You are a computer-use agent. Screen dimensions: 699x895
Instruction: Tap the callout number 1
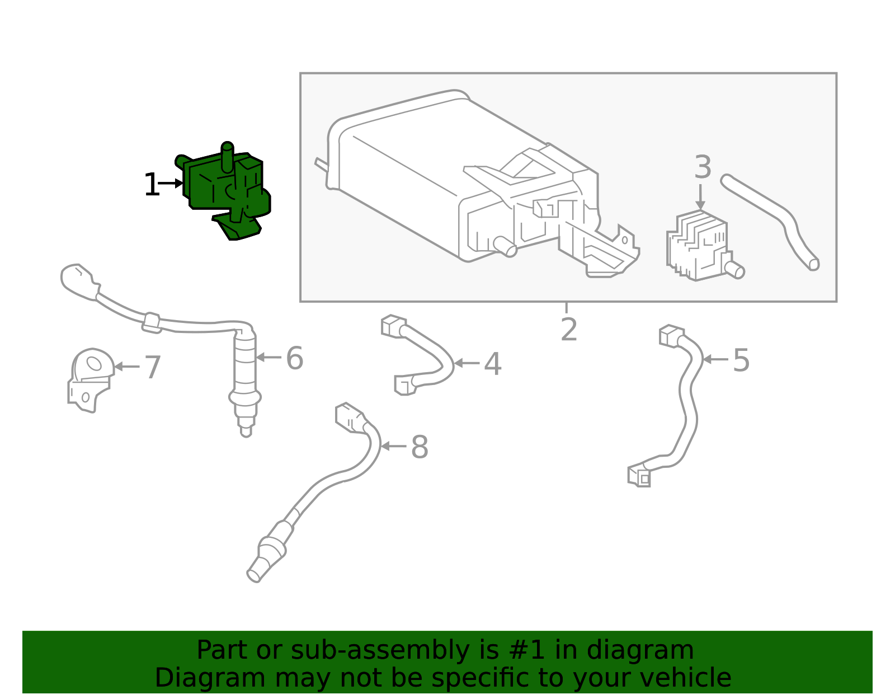(151, 185)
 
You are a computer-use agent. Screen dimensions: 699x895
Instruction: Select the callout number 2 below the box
(568, 330)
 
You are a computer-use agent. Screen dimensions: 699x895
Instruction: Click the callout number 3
(703, 167)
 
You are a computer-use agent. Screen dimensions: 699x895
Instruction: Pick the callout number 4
(492, 364)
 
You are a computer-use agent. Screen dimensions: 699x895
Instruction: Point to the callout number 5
(741, 360)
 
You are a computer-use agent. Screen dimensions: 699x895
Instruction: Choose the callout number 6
(294, 358)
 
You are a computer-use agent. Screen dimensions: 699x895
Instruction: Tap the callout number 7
(153, 368)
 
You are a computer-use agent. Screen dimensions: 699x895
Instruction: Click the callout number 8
(420, 447)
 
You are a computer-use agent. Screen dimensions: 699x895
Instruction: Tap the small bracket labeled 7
(89, 381)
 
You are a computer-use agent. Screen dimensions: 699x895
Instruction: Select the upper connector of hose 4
(393, 326)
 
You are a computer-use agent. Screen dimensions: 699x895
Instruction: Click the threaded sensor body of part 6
(245, 369)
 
